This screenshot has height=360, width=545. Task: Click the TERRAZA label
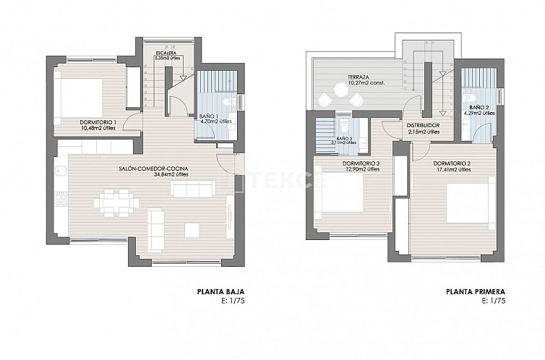pyautogui.click(x=359, y=77)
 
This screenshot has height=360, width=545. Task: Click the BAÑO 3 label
pyautogui.click(x=344, y=137)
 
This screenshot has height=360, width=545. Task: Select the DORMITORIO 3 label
pyautogui.click(x=362, y=163)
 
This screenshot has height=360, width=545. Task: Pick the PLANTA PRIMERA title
pyautogui.click(x=475, y=293)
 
